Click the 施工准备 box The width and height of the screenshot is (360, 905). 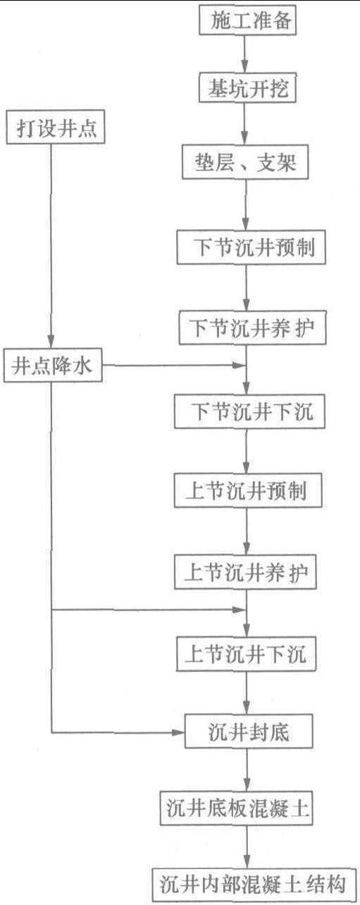(x=248, y=20)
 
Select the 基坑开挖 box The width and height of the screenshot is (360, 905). (x=248, y=87)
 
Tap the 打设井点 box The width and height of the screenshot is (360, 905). (x=56, y=127)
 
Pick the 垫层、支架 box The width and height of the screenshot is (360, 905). (x=245, y=162)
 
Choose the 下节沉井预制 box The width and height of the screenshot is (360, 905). (x=252, y=247)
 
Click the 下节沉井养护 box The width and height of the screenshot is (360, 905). (x=252, y=327)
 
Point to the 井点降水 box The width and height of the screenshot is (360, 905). (x=53, y=366)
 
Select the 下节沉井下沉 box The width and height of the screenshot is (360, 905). (x=249, y=411)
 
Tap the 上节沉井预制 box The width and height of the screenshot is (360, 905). (x=248, y=490)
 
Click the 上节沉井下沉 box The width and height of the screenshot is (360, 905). (x=246, y=654)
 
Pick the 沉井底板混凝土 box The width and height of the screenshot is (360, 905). (x=237, y=809)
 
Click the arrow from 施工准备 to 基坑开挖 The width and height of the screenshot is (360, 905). (x=245, y=54)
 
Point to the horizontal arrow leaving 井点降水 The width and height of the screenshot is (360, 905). (x=174, y=366)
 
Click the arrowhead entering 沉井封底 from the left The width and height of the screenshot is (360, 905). (x=178, y=732)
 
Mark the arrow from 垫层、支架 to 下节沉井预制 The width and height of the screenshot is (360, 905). (x=246, y=205)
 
